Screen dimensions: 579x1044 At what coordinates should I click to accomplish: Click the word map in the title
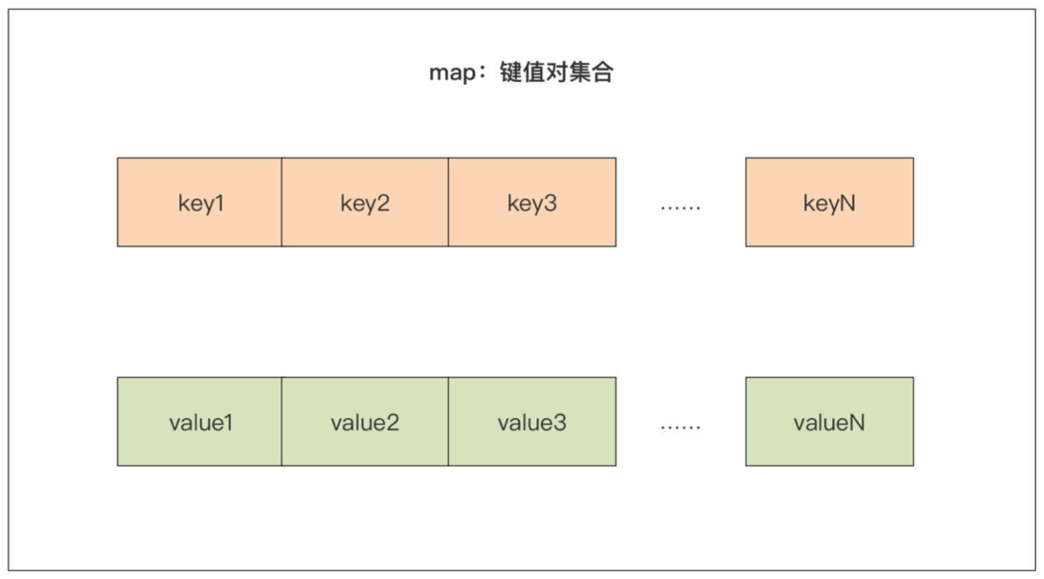pos(451,74)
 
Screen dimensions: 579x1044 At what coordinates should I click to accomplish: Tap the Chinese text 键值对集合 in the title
pos(557,73)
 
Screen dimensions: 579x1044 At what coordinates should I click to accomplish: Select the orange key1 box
pos(200,203)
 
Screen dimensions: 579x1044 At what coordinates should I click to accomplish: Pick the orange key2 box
pos(365,203)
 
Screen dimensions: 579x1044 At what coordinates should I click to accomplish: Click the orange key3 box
pos(532,203)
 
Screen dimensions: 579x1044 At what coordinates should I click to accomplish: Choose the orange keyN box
pos(829,203)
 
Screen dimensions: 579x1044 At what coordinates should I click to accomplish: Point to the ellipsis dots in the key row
pos(681,207)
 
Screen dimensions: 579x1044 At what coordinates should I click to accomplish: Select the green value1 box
pos(200,422)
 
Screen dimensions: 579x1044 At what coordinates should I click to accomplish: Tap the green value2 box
pos(365,422)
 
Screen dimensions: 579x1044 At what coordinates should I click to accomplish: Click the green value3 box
pos(532,422)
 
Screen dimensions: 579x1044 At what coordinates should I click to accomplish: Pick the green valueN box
pos(829,422)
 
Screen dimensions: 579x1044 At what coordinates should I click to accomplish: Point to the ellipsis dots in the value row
pos(681,427)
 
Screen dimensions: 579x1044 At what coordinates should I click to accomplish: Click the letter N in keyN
pos(848,204)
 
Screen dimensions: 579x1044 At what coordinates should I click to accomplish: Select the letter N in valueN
pos(857,423)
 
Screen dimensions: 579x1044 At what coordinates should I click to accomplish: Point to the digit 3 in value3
pos(560,423)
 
